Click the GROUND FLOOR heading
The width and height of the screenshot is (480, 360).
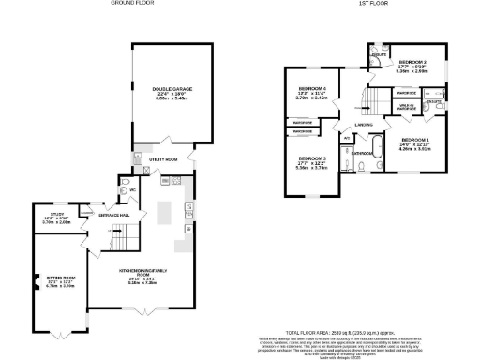coord(132,4)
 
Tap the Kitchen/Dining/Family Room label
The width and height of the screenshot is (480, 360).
coord(142,276)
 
